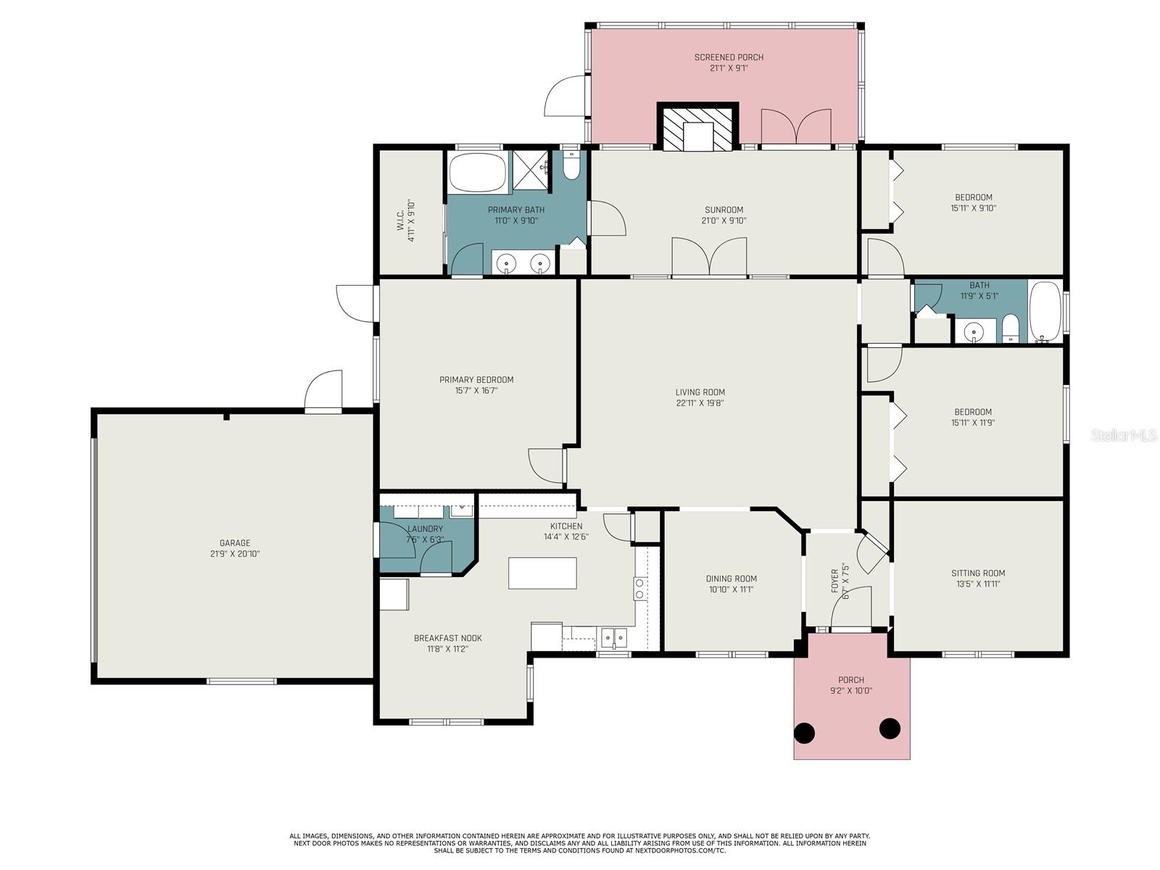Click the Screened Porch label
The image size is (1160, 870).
pos(728,57)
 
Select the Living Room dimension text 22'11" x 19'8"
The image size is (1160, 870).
pos(700,403)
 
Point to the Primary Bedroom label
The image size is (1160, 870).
pos(476,380)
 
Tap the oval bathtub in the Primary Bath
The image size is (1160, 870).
pos(477,173)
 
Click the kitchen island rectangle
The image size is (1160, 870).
pos(542,573)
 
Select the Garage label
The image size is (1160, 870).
pos(235,542)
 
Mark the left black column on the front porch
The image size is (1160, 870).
pos(804,733)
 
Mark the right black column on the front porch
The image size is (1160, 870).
pos(890,729)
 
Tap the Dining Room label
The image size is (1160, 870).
pos(732,579)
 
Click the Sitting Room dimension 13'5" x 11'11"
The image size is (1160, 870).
pos(978,584)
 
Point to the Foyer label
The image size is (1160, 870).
pos(834,581)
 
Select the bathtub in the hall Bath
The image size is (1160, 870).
pos(1045,312)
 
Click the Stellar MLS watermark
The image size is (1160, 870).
pos(1123,435)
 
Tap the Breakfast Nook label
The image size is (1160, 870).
pos(447,638)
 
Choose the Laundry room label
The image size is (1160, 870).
pos(425,529)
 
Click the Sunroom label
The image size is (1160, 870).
pos(724,210)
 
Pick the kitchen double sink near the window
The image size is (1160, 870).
pos(613,637)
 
